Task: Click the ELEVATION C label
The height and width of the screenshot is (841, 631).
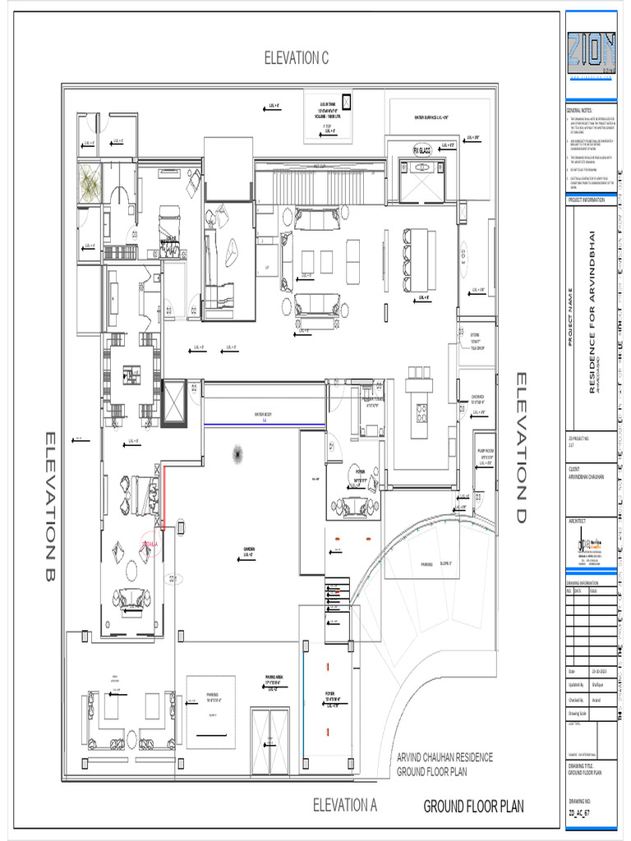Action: point(297,57)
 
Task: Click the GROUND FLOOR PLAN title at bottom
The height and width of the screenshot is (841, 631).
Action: point(473,807)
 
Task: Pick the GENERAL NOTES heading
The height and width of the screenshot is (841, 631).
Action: point(580,110)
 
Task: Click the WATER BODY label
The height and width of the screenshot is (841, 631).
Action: point(264,416)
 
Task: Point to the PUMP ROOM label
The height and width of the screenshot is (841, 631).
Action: point(481,453)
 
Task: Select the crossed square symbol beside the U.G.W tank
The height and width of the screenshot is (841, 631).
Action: point(346,102)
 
